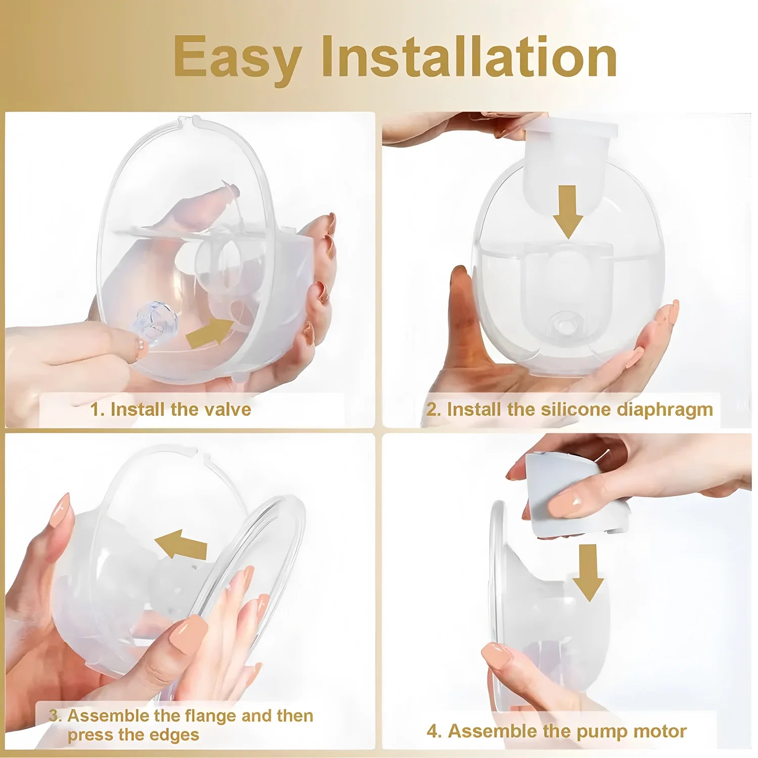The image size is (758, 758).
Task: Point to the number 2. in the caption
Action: pyautogui.click(x=434, y=409)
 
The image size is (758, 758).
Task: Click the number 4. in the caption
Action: pyautogui.click(x=434, y=731)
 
